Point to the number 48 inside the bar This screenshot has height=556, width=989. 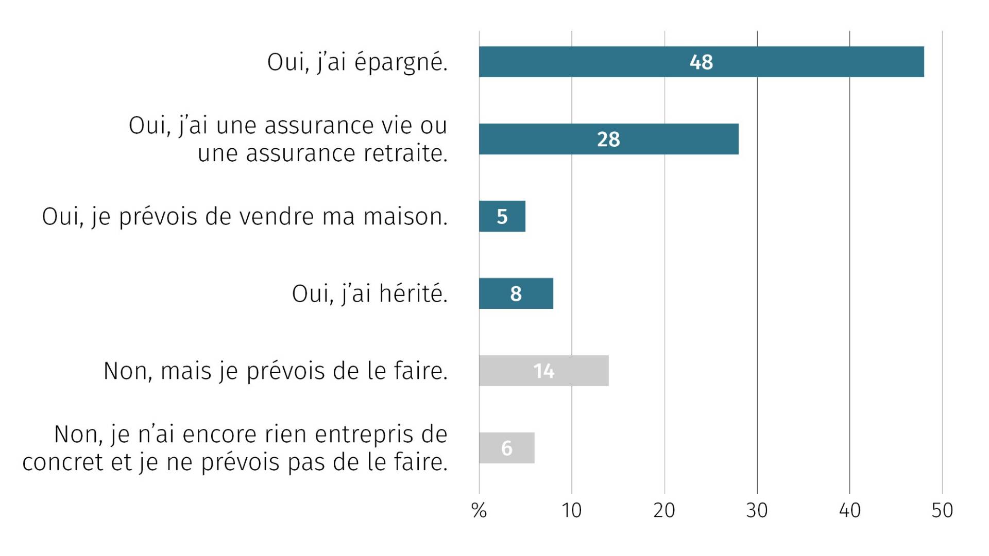701,62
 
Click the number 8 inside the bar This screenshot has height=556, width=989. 516,294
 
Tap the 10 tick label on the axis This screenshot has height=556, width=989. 571,511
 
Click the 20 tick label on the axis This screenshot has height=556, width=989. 664,511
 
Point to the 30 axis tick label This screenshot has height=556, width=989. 757,511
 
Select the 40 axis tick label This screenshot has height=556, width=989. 849,511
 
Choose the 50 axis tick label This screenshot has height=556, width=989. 942,511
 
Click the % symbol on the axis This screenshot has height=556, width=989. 479,511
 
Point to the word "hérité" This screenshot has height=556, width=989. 412,294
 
